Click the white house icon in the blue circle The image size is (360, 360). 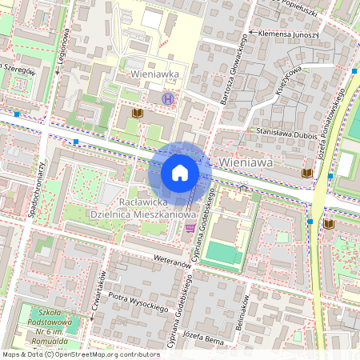180,173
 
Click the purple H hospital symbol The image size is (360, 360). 167,98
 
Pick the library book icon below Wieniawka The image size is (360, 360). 138,114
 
